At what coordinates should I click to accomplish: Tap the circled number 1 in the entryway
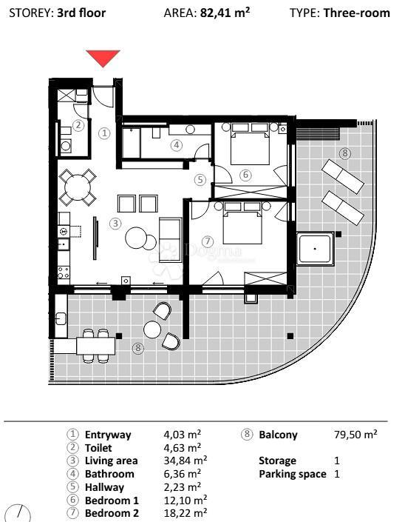click(104, 133)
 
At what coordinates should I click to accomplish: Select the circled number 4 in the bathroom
click(175, 145)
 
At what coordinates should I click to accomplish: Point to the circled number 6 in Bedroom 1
click(245, 175)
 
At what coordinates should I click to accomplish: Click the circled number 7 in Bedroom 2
click(207, 241)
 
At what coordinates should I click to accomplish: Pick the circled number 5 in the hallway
click(200, 179)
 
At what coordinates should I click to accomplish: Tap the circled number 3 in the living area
click(115, 222)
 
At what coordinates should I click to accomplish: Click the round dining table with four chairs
click(78, 187)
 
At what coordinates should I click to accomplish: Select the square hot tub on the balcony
click(316, 249)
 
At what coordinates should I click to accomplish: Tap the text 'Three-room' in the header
click(356, 13)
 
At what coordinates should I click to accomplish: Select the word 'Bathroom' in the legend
click(109, 474)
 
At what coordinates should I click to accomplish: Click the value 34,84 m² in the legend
click(183, 461)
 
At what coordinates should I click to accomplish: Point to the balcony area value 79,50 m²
click(355, 435)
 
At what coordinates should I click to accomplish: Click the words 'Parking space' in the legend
click(292, 474)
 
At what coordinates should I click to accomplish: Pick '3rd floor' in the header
click(81, 13)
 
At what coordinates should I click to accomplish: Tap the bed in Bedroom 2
click(238, 226)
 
